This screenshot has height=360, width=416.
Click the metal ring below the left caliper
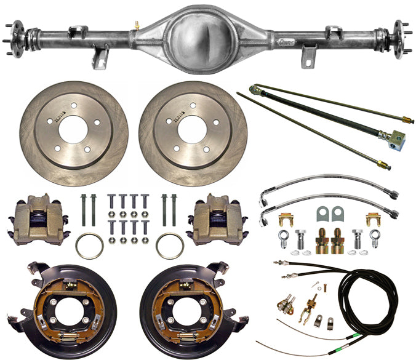coord(89,246)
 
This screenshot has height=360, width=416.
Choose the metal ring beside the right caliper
coord(170,246)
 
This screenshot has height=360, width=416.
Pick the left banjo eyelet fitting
coord(284,237)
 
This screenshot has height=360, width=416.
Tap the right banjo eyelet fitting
coord(375,237)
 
